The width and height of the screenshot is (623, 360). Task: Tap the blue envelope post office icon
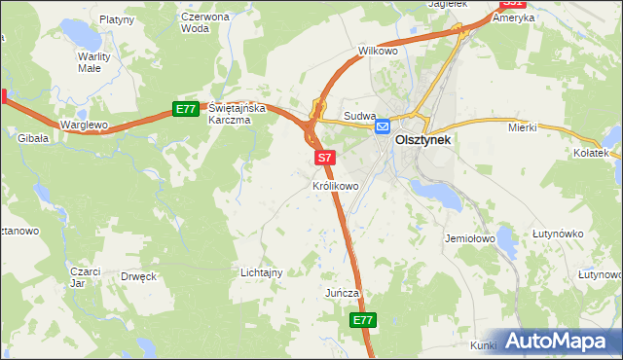click(x=384, y=126)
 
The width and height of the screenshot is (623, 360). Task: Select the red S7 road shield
click(x=325, y=157)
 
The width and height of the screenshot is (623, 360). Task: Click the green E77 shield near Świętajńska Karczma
click(x=187, y=109)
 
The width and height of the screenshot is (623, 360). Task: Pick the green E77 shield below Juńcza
click(x=362, y=320)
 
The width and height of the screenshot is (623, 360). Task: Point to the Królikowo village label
click(x=336, y=184)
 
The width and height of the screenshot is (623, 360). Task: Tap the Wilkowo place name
click(x=379, y=50)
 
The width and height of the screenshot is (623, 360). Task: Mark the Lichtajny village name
click(x=261, y=272)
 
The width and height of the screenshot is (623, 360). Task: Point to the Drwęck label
click(x=139, y=276)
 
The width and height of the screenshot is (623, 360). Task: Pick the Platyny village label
click(x=116, y=18)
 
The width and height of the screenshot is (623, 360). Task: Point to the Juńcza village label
click(x=343, y=292)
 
